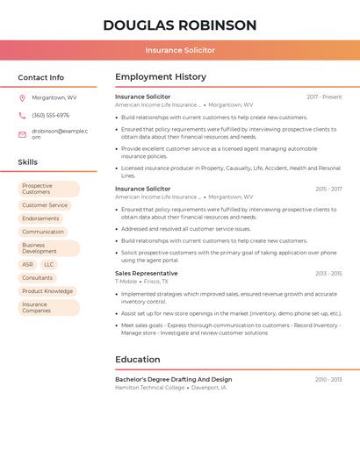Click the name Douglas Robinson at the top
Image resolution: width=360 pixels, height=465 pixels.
[180, 25]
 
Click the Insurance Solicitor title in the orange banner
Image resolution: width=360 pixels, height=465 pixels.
[180, 50]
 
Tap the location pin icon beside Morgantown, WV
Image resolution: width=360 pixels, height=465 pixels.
[22, 97]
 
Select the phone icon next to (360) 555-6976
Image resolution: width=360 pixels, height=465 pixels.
[22, 115]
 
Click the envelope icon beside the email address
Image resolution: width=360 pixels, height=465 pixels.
[22, 133]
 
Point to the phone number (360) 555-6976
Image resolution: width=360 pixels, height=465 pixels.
[50, 115]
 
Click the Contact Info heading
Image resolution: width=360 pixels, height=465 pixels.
[41, 77]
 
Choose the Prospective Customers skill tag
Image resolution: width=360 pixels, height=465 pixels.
[48, 189]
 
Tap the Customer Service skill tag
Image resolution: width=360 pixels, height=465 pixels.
[45, 205]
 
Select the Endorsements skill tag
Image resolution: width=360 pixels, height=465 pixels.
[41, 218]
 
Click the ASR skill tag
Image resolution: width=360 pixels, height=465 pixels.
[28, 264]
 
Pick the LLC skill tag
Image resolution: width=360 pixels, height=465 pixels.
[49, 264]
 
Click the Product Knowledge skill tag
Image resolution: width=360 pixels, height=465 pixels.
[47, 291]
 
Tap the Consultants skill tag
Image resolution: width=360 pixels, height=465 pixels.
[38, 277]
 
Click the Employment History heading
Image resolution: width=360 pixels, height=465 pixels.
[161, 77]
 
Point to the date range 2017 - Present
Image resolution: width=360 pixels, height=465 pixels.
[324, 97]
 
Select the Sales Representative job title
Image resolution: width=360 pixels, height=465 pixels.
[146, 273]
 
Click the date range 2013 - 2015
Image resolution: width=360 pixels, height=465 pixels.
[328, 274]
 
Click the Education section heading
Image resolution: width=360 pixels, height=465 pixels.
[138, 359]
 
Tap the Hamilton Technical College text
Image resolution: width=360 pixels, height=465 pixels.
[150, 387]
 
